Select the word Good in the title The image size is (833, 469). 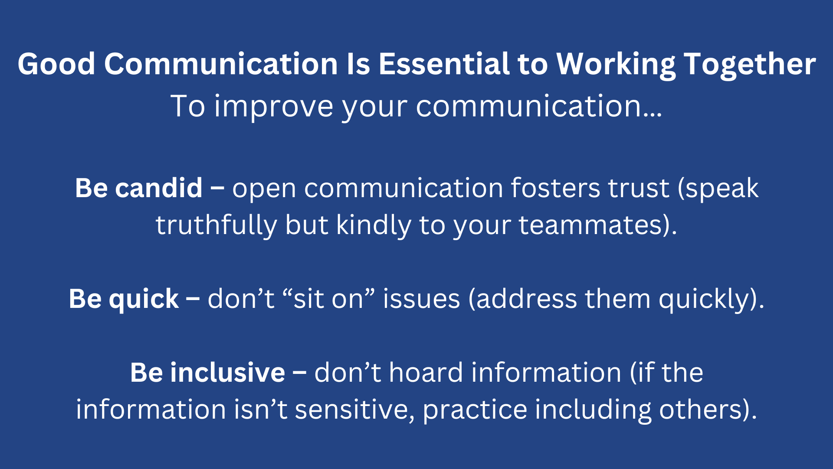click(x=56, y=64)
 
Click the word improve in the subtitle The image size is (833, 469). click(x=274, y=106)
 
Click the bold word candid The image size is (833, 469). click(x=159, y=188)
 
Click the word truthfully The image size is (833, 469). click(x=216, y=225)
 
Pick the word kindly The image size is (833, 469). click(x=374, y=225)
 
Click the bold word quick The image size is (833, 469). click(x=144, y=299)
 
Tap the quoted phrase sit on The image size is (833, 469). click(x=328, y=299)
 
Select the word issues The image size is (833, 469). click(x=421, y=299)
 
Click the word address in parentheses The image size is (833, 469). click(x=526, y=299)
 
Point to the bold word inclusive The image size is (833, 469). click(x=227, y=373)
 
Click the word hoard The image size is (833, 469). click(x=426, y=373)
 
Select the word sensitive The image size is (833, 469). click(x=352, y=410)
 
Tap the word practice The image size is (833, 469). click(x=475, y=410)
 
